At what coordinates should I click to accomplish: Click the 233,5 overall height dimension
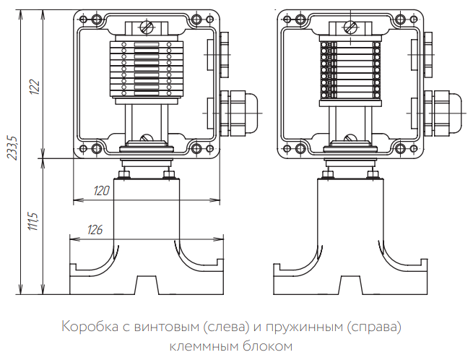[12, 147]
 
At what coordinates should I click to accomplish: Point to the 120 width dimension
[103, 191]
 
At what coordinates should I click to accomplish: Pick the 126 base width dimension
[95, 230]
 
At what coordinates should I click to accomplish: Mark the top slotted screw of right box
[351, 28]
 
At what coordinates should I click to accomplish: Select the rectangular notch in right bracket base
[351, 284]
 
